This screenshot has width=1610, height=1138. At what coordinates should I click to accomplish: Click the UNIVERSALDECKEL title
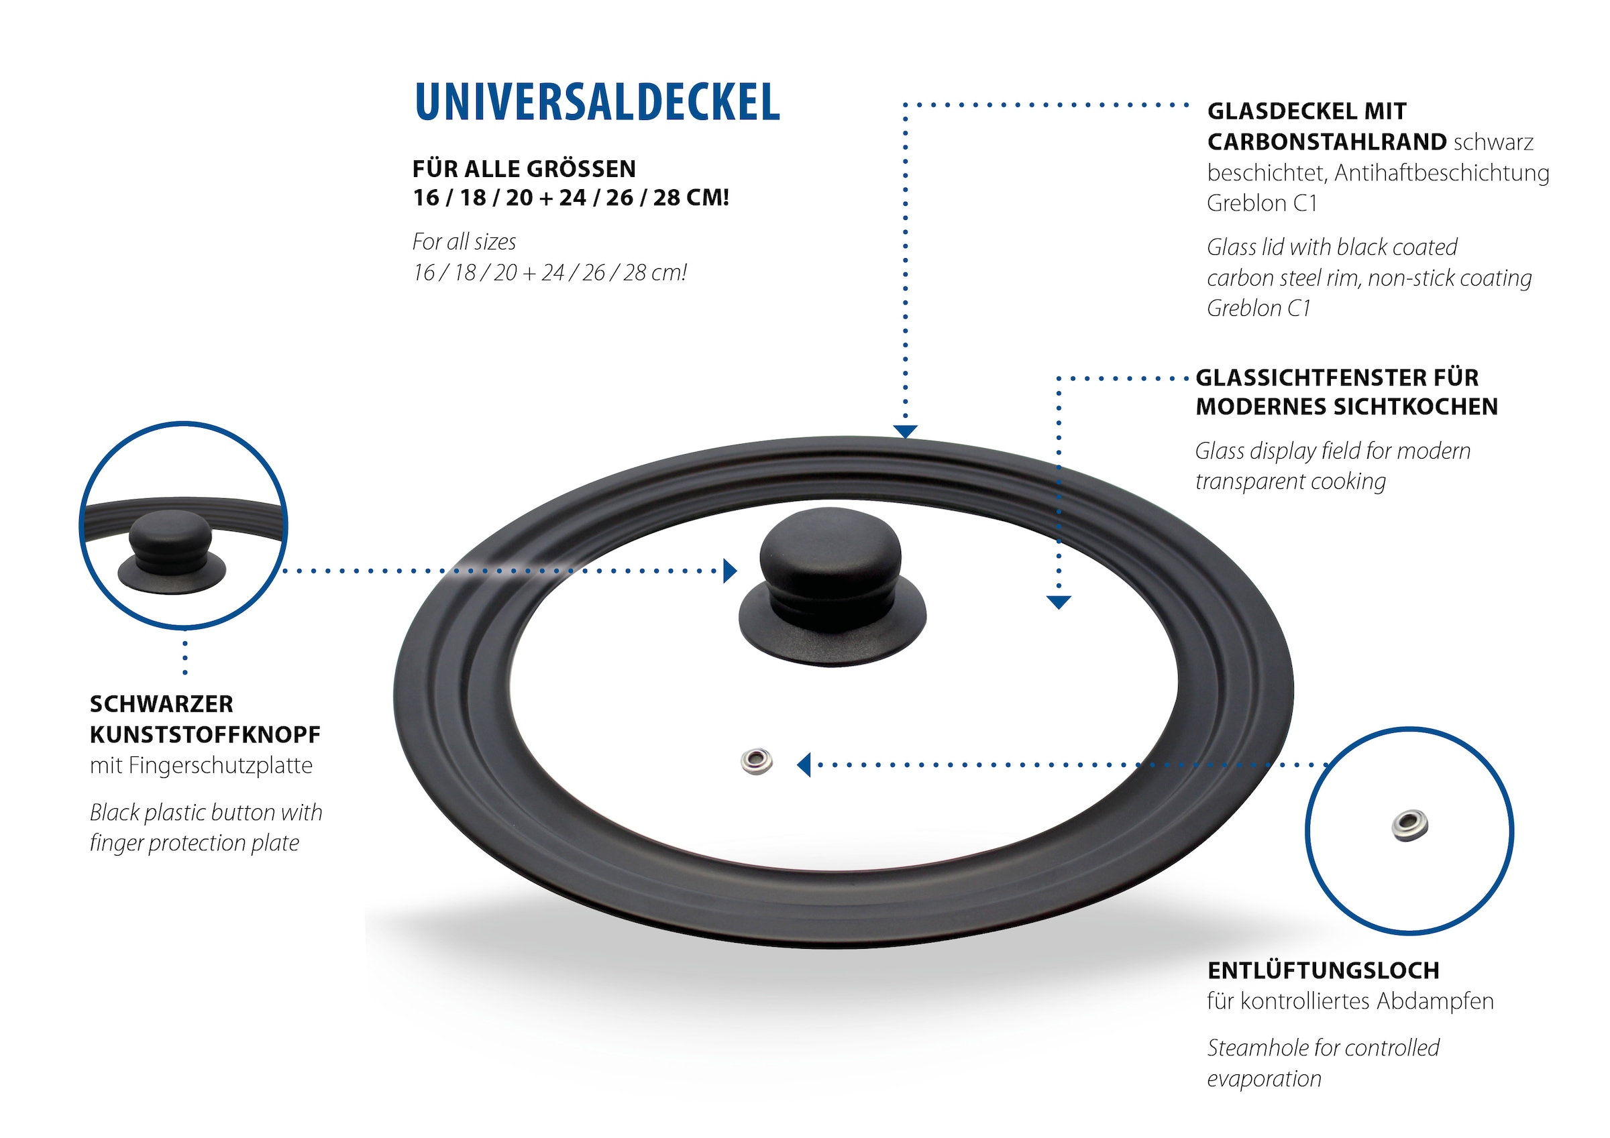pos(597,103)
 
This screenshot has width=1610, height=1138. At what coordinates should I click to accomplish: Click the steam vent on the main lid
pos(757,762)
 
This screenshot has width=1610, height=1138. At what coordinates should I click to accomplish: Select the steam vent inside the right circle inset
pos(1409,826)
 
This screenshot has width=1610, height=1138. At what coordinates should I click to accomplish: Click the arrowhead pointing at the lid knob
pos(730,571)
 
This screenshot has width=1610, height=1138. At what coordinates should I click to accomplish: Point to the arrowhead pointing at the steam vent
pos(804,764)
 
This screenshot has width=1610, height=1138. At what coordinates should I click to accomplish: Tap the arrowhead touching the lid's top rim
pos(905,431)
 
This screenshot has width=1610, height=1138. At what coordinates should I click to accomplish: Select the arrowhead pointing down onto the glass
pos(1058,602)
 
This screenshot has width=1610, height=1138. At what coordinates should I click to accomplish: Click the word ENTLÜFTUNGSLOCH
pos(1323,970)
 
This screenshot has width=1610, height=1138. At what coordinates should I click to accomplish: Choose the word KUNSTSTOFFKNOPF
pos(205,735)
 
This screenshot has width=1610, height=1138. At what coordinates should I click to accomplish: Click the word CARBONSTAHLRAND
pos(1327,142)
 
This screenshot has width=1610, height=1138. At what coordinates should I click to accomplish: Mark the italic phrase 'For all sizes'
pos(464,242)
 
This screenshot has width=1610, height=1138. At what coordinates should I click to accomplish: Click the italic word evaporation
pos(1264,1078)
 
